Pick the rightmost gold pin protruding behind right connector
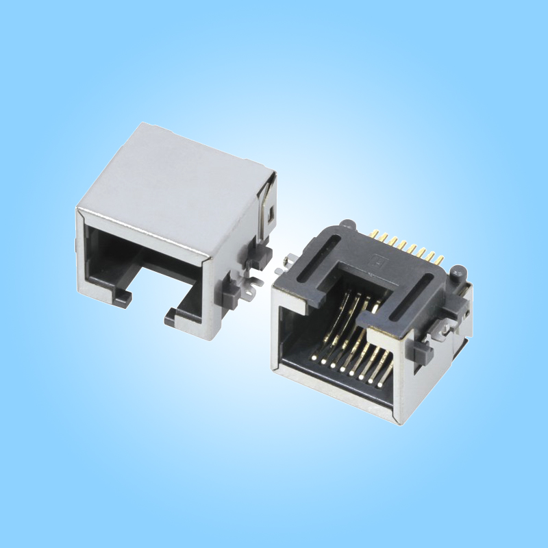pyautogui.click(x=439, y=260)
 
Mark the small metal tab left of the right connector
pyautogui.click(x=287, y=260)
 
